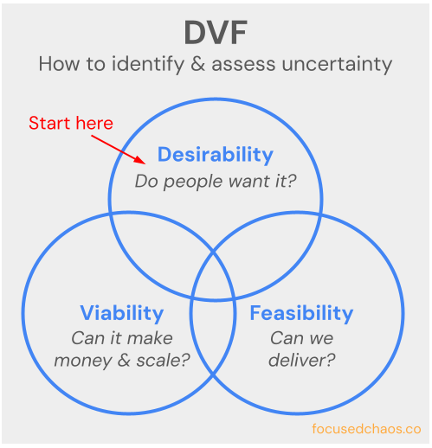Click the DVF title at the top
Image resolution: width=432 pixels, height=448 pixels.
tap(216, 32)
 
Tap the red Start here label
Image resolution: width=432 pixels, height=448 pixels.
tap(71, 123)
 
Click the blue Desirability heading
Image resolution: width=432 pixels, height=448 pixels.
tap(215, 155)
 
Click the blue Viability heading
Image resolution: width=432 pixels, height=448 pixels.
tap(121, 312)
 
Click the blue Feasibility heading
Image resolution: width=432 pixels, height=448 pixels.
tap(301, 312)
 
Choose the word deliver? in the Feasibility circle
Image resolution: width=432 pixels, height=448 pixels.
tap(301, 360)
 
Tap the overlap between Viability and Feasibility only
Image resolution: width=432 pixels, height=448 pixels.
tap(213, 346)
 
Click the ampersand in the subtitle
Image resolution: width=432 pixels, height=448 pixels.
tap(205, 64)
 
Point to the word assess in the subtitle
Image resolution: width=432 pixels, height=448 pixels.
tap(247, 64)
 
